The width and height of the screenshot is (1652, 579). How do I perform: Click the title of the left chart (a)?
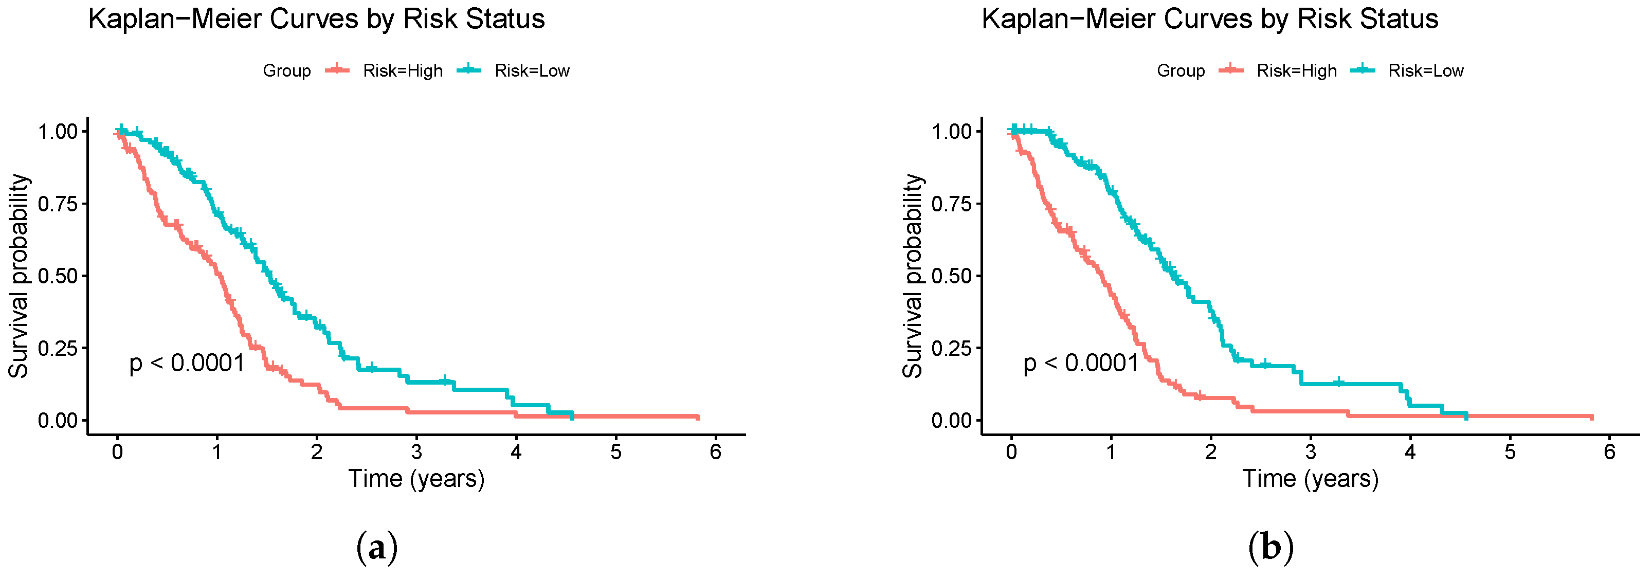pyautogui.click(x=316, y=19)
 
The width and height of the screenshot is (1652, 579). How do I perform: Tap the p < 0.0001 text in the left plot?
pyautogui.click(x=187, y=364)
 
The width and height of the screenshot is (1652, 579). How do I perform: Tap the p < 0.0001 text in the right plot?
pyautogui.click(x=1081, y=364)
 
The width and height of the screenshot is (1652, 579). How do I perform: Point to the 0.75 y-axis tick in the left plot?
pyautogui.click(x=58, y=204)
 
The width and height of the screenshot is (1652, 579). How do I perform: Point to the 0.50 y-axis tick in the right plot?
pyautogui.click(x=951, y=276)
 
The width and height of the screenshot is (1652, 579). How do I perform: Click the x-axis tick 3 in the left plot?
pyautogui.click(x=416, y=453)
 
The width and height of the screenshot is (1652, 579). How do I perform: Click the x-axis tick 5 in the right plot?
pyautogui.click(x=1510, y=453)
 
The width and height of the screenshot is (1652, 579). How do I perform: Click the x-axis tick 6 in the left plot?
pyautogui.click(x=715, y=453)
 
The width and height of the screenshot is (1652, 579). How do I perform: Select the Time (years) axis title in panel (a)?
pyautogui.click(x=416, y=479)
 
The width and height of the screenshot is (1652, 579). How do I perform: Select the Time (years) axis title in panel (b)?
pyautogui.click(x=1310, y=479)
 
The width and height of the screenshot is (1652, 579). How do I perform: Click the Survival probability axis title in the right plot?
pyautogui.click(x=912, y=276)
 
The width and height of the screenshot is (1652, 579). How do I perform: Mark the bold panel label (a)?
pyautogui.click(x=376, y=548)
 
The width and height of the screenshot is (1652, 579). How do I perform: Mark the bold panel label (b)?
pyautogui.click(x=1270, y=548)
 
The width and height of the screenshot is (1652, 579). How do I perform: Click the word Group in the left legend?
pyautogui.click(x=287, y=70)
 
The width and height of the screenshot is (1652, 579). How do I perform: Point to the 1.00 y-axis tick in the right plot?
pyautogui.click(x=951, y=132)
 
